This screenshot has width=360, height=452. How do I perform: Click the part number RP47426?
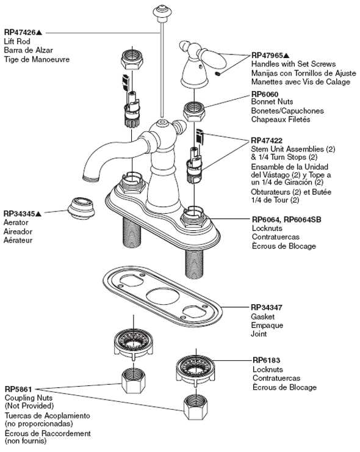click(x=22, y=32)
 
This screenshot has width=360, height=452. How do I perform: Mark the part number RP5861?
click(x=18, y=389)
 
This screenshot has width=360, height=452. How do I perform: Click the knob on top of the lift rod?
click(x=162, y=10)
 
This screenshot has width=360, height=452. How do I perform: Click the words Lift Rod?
click(x=18, y=41)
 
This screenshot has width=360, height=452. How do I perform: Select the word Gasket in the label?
click(x=263, y=317)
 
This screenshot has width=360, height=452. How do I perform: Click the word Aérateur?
click(x=19, y=240)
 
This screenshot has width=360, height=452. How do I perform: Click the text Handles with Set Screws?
click(x=293, y=64)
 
